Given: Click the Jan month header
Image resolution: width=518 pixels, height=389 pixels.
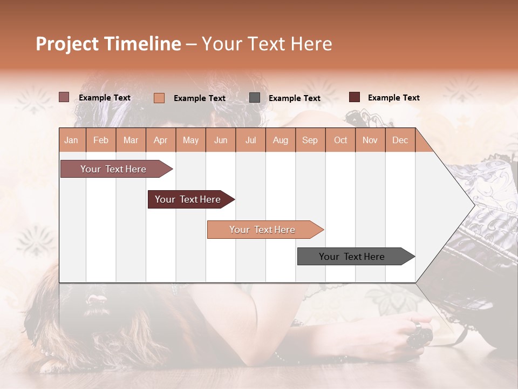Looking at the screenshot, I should pyautogui.click(x=71, y=140).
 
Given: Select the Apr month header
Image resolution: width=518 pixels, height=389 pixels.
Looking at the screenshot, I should pyautogui.click(x=160, y=140).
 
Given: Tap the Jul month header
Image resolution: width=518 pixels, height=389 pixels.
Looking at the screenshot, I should pyautogui.click(x=250, y=140).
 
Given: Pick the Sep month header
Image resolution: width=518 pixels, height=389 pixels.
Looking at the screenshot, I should pyautogui.click(x=310, y=140).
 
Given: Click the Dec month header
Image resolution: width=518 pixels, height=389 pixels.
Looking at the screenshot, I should pyautogui.click(x=400, y=140).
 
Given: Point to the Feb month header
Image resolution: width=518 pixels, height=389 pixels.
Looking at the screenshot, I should pyautogui.click(x=101, y=140).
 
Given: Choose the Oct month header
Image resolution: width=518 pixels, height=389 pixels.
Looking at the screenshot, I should pyautogui.click(x=340, y=140).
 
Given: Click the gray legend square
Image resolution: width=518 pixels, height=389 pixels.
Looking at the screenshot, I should pyautogui.click(x=255, y=98).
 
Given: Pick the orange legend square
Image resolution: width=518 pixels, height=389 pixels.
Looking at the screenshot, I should pyautogui.click(x=159, y=98).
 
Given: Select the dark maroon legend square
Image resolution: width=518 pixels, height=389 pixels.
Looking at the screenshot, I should pyautogui.click(x=355, y=97).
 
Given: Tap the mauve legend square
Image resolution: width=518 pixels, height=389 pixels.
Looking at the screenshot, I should pyautogui.click(x=64, y=97).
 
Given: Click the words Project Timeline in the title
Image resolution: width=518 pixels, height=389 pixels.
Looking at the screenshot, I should pyautogui.click(x=108, y=44).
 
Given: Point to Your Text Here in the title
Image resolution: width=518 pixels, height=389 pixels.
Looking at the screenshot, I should pyautogui.click(x=267, y=44).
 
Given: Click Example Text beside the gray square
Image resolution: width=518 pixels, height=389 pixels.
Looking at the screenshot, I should pyautogui.click(x=294, y=98).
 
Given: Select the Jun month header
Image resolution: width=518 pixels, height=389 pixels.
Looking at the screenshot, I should pyautogui.click(x=221, y=140).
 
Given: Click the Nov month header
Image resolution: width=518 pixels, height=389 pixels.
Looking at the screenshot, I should pyautogui.click(x=370, y=140).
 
